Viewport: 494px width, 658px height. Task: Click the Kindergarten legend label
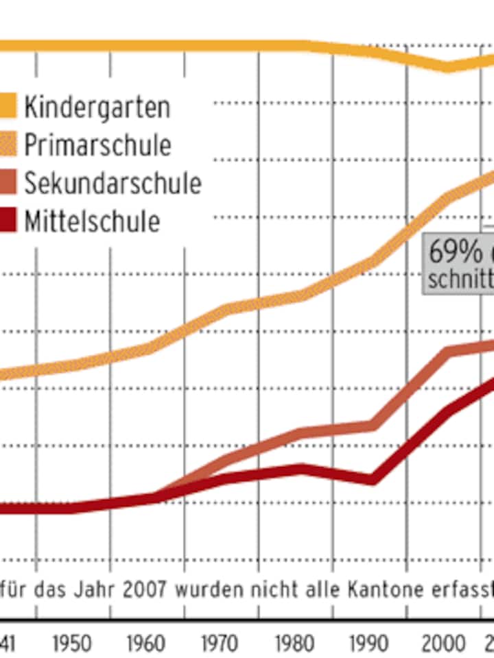(x=97, y=107)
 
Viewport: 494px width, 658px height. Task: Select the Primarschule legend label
(x=97, y=145)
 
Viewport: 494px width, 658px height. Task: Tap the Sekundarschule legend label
(x=113, y=183)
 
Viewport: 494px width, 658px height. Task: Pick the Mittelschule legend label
(x=92, y=221)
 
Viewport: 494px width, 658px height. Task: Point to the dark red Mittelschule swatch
(x=8, y=221)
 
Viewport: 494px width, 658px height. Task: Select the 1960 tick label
(x=147, y=644)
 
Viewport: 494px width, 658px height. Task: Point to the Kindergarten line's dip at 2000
(x=447, y=66)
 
